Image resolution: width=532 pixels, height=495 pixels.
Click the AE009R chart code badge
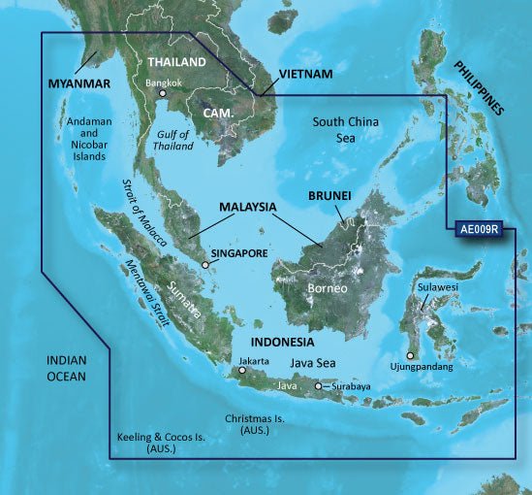pyautogui.click(x=482, y=231)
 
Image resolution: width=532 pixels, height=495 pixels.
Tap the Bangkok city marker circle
pyautogui.click(x=163, y=94)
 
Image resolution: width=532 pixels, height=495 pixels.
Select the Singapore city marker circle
pyautogui.click(x=205, y=263)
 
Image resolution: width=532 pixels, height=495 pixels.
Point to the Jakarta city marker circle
pyautogui.click(x=242, y=370)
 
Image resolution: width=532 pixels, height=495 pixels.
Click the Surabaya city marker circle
pyautogui.click(x=319, y=387)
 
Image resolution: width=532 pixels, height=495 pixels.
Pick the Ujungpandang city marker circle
pyautogui.click(x=411, y=355)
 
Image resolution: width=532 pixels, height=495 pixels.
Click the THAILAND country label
pyautogui.click(x=175, y=62)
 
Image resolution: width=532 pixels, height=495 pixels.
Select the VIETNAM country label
pyautogui.click(x=306, y=74)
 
